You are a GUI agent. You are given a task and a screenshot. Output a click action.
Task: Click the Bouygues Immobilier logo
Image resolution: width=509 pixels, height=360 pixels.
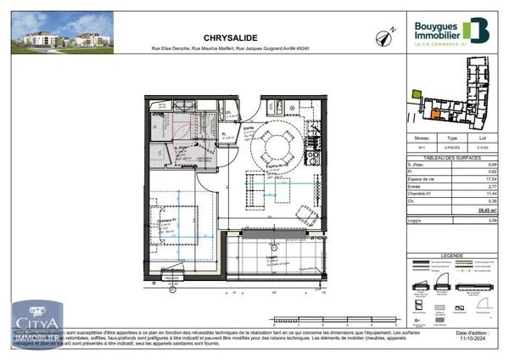[450, 31]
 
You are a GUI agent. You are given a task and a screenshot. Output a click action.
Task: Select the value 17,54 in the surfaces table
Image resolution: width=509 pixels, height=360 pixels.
[485, 178]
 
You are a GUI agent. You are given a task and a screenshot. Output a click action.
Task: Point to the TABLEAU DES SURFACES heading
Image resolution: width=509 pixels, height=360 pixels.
[451, 158]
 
